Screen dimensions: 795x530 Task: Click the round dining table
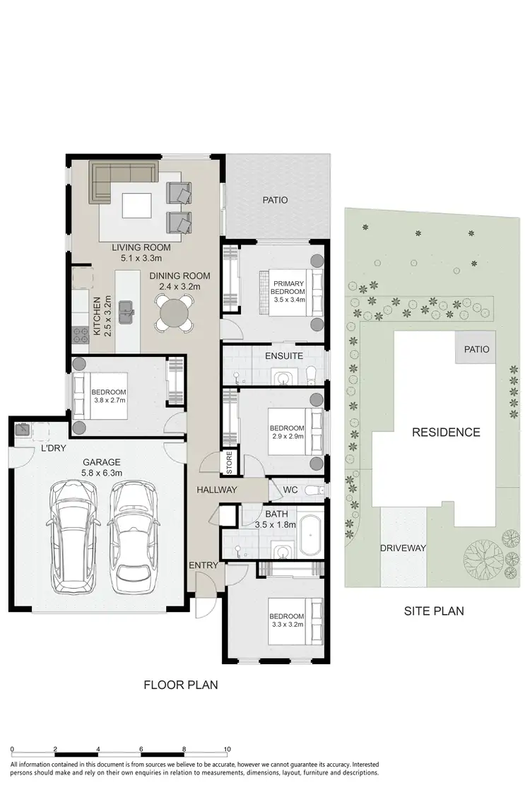[x=174, y=312]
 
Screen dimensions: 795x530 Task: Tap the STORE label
[x=229, y=463]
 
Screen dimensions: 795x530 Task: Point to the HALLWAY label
[x=217, y=490]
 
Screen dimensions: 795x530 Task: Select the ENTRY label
[x=204, y=565]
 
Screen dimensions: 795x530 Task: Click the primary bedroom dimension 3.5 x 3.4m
[x=289, y=300]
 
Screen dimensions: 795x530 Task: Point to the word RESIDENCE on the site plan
[x=446, y=432]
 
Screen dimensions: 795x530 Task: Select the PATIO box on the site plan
[x=476, y=350]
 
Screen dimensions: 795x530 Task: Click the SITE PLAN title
[x=433, y=611]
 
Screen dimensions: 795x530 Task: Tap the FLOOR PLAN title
[x=181, y=684]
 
